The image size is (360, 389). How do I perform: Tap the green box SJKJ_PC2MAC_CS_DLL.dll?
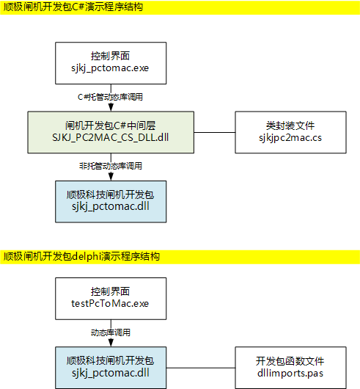(x=110, y=132)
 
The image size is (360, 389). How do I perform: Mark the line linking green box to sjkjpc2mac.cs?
(x=214, y=132)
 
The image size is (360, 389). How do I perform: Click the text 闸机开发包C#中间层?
(x=110, y=125)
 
